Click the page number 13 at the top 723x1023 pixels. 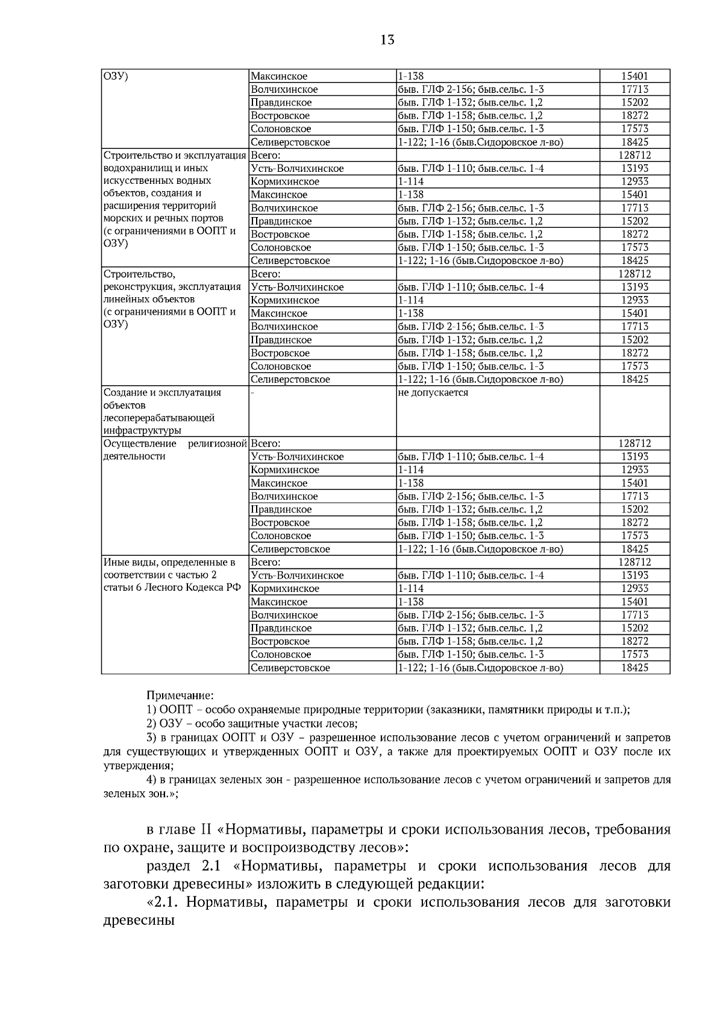(387, 40)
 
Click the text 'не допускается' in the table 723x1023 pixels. (433, 393)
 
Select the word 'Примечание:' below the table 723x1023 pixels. (180, 696)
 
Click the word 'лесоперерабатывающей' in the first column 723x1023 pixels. (159, 418)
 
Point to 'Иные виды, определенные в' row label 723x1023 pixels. (169, 562)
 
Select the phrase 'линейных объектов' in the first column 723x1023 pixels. (149, 300)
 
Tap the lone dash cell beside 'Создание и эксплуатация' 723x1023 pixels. (252, 393)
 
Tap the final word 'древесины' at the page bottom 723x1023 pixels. (139, 921)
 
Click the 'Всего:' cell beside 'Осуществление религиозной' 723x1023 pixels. (266, 444)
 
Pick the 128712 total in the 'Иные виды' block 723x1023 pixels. (634, 562)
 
